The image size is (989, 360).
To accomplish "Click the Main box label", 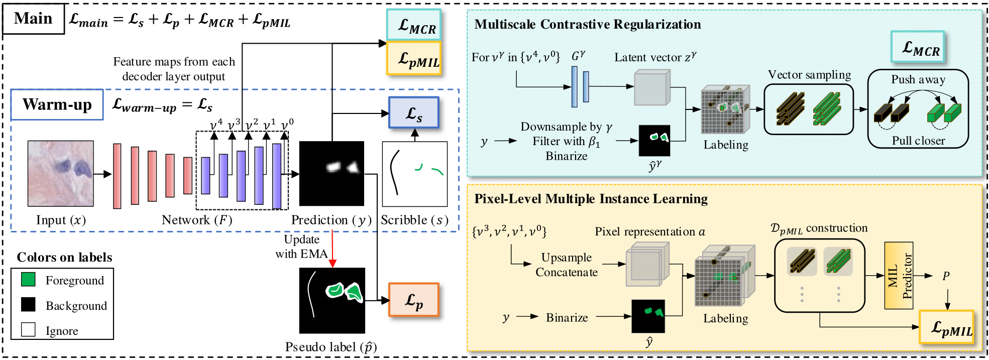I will (x=33, y=19).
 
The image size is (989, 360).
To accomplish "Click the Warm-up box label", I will (x=57, y=104).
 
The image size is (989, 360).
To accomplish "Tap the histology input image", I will (x=61, y=173).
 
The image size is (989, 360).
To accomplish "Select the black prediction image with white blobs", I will (x=332, y=173).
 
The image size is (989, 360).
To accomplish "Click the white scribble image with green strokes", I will (x=414, y=174).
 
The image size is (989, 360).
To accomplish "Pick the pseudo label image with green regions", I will (x=332, y=300).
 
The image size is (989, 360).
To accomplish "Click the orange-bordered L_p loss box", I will (x=414, y=300).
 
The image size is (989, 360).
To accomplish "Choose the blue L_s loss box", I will (x=414, y=113).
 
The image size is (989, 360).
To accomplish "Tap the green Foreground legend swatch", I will (x=28, y=279).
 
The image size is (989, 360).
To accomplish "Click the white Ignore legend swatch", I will (x=28, y=330).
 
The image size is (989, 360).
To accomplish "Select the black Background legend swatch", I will (x=28, y=304).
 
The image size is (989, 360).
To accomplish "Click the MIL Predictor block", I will (x=899, y=275).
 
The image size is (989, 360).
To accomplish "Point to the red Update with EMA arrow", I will (x=333, y=249).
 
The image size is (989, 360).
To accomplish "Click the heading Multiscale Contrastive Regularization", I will (x=587, y=24).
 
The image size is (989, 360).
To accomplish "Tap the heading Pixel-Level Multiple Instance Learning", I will (x=591, y=199).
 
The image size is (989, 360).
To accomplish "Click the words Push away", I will (x=918, y=79).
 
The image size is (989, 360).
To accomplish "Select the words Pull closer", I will (x=918, y=141).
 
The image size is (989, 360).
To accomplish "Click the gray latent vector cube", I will (x=652, y=88).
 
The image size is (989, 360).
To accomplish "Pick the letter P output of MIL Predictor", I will (x=946, y=276).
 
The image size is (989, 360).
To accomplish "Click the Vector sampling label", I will (x=809, y=75).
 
